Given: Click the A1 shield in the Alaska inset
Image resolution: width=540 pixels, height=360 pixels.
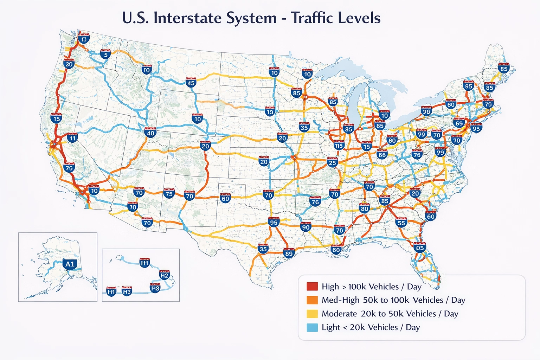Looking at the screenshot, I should click(x=70, y=264).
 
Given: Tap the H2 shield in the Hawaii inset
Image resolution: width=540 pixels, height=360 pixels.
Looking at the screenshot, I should click(x=165, y=275).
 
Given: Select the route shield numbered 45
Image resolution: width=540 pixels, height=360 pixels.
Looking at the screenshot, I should click(x=191, y=83).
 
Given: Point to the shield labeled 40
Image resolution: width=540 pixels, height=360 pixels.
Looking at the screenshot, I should click(x=150, y=133).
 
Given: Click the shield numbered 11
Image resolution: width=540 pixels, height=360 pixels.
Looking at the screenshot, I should click(x=72, y=138).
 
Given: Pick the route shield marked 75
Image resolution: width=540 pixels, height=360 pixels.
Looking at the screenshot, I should click(x=169, y=193).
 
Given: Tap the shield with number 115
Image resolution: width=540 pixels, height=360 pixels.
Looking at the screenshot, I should click(x=339, y=145).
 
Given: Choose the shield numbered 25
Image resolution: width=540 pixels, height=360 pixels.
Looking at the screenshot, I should click(x=332, y=162).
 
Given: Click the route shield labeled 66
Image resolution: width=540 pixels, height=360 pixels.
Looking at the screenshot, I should click(x=382, y=154).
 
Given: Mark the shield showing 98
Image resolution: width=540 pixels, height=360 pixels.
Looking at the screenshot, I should click(x=426, y=111).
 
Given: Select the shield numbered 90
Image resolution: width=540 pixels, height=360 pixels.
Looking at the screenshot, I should click(x=306, y=227).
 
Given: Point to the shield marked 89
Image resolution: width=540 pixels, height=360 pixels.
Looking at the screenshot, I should click(x=289, y=253).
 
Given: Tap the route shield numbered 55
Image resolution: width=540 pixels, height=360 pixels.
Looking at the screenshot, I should click(x=401, y=223).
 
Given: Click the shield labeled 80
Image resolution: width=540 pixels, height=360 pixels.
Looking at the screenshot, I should click(x=365, y=208).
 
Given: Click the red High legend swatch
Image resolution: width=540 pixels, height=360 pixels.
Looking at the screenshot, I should click(x=312, y=287).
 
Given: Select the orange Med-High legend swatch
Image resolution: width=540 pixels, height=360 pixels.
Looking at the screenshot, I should click(x=312, y=300).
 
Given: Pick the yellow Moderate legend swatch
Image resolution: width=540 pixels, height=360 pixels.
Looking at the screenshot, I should click(x=312, y=314).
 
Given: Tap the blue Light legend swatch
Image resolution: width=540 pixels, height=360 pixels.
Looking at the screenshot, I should click(x=312, y=327).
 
